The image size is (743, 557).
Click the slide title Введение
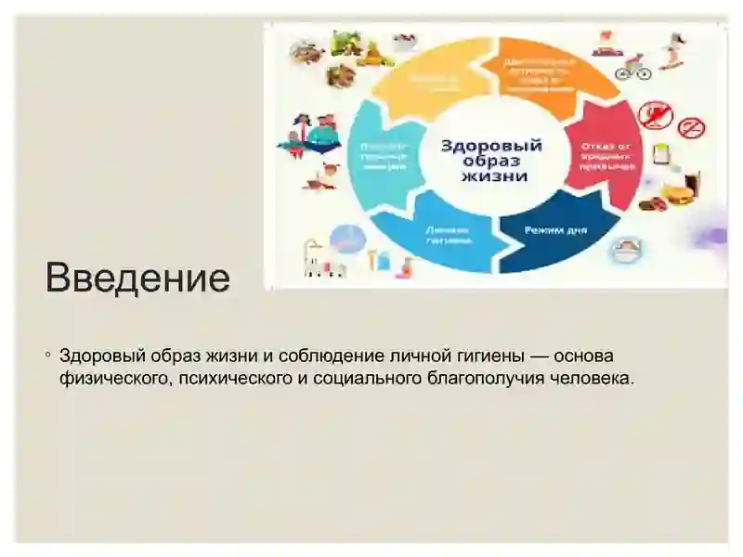(x=137, y=278)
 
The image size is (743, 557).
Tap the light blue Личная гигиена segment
(x=447, y=233)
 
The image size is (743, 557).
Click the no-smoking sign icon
(x=692, y=127)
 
